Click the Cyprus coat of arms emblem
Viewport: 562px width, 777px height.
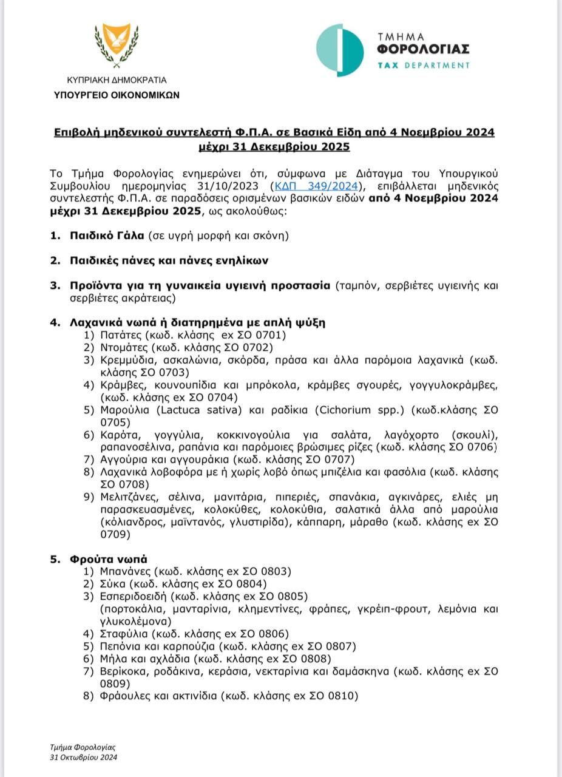116,46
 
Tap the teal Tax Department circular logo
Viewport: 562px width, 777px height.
340,50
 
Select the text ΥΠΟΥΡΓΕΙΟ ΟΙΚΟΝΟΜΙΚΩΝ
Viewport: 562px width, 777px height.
117,95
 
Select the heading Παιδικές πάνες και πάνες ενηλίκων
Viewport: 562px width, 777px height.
169,260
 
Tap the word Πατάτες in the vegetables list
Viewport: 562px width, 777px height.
121,334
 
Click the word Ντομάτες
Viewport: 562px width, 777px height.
126,347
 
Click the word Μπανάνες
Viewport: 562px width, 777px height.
126,571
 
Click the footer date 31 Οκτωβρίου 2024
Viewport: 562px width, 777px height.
84,757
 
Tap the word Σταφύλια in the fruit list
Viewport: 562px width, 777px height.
122,634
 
